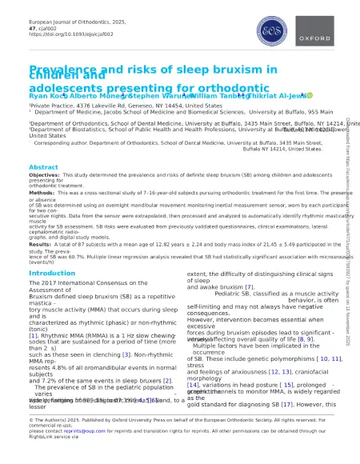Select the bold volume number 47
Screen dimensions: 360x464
33,26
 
